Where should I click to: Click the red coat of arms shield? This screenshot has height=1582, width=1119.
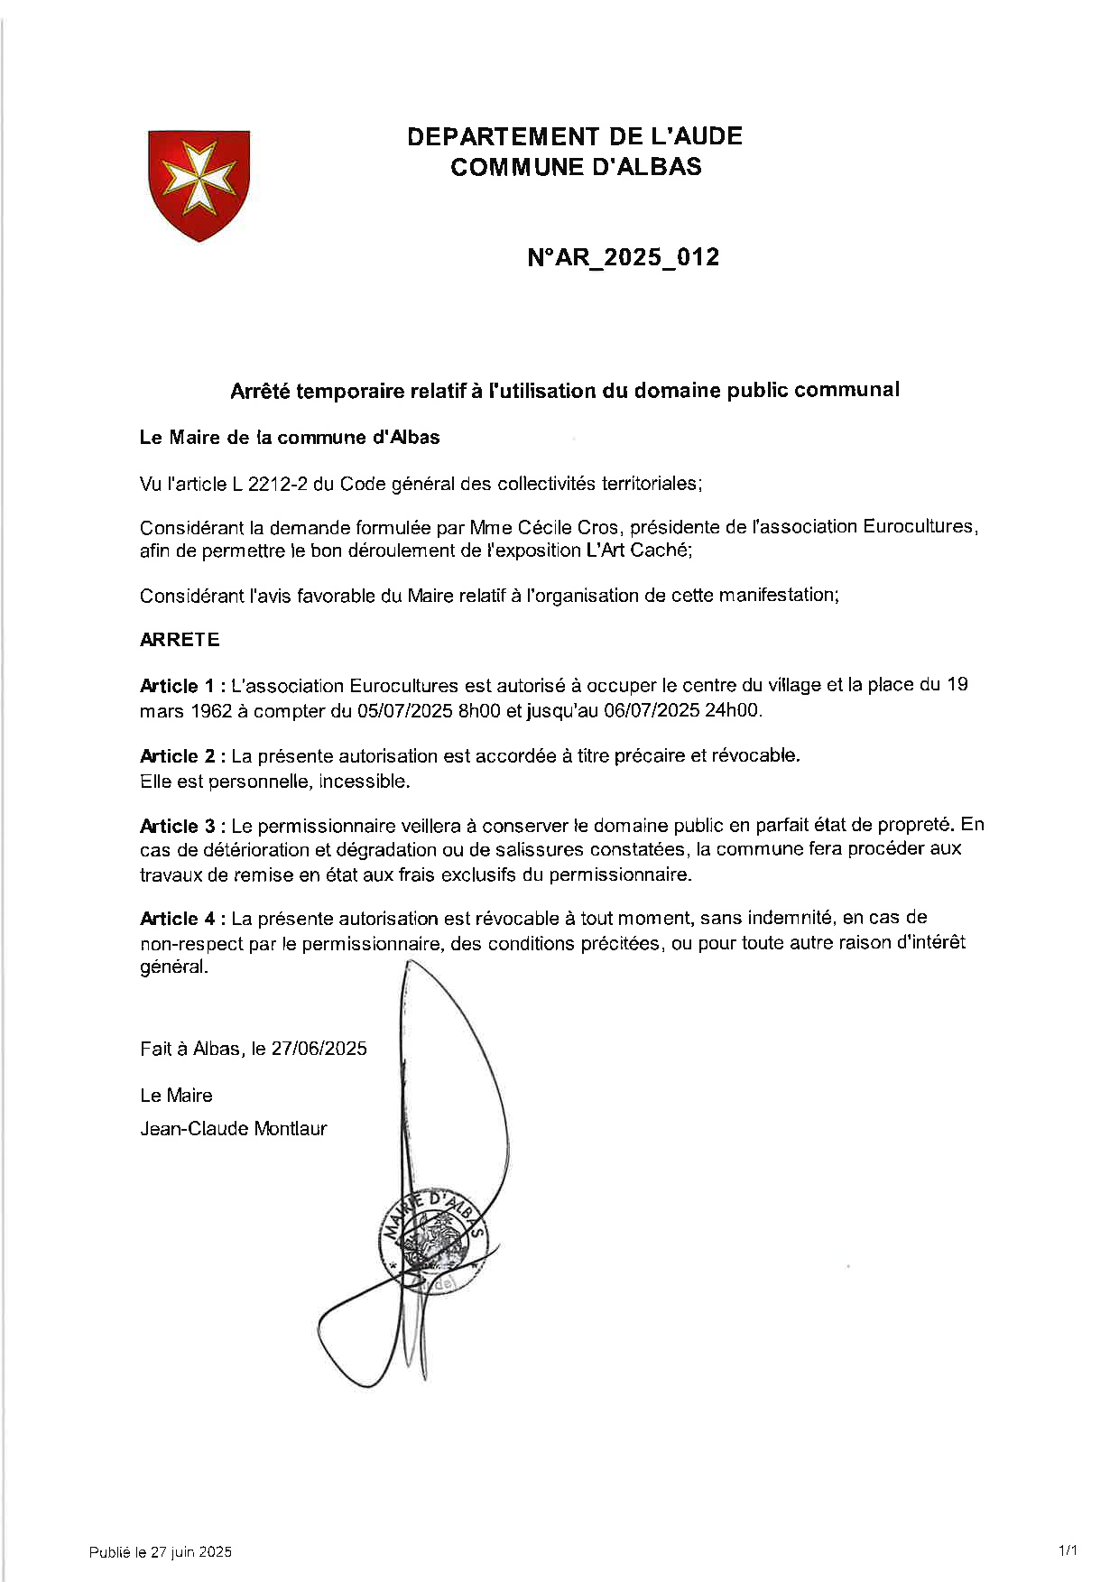click(x=199, y=183)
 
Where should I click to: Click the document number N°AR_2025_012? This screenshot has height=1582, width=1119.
click(x=623, y=258)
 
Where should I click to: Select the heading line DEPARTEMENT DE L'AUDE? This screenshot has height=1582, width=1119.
click(x=575, y=137)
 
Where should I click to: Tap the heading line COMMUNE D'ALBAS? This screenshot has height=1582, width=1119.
click(x=575, y=167)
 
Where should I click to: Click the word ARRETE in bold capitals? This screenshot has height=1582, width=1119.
click(x=180, y=640)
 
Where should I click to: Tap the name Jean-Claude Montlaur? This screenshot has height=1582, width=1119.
click(x=233, y=1129)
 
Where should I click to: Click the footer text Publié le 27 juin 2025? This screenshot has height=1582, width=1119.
click(x=161, y=1552)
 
